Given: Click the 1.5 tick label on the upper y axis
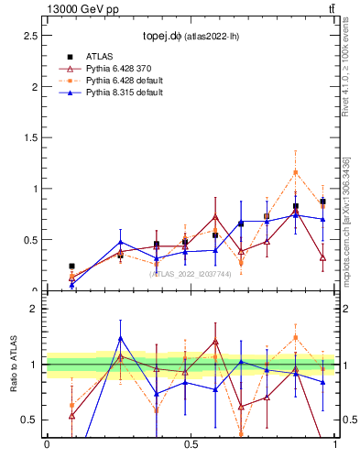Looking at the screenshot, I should [32, 138].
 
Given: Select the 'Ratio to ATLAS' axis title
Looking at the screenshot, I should [14, 365].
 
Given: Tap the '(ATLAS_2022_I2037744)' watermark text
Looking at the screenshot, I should [191, 273].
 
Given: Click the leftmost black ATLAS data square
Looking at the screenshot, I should [71, 267].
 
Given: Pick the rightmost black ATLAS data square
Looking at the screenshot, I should [322, 202].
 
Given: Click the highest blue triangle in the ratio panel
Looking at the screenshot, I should [120, 338].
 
